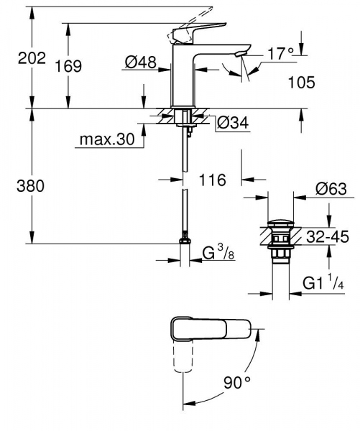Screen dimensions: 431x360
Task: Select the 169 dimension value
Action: pos(68,66)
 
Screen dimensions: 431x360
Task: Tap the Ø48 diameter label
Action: pos(141,64)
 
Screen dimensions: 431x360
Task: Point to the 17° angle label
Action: pos(280,54)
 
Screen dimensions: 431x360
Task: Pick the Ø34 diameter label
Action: pos(232,124)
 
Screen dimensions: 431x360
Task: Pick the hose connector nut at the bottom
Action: pos(185,239)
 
